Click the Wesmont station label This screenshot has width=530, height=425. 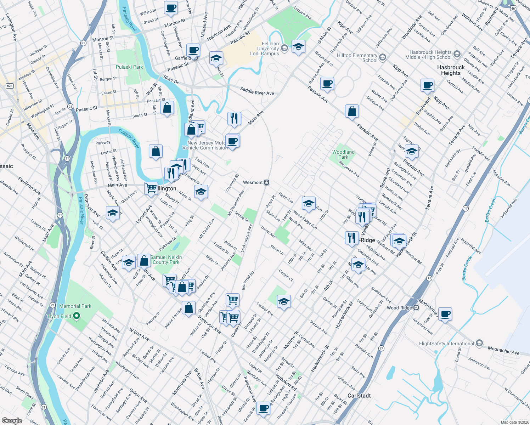253,182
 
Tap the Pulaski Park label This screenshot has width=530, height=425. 129,67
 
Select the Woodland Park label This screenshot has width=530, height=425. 343,154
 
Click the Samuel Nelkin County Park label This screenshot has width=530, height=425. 166,260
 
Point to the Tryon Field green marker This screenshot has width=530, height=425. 77,316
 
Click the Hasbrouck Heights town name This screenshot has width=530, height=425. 451,70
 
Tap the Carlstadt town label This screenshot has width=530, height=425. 359,396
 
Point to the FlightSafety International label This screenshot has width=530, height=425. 446,344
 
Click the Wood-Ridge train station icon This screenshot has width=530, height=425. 416,308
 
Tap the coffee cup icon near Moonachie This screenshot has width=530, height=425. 445,314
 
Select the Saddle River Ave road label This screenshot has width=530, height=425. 257,91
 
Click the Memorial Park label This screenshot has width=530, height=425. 75,306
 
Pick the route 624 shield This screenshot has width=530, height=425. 10,86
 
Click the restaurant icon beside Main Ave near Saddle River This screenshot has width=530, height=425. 234,118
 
